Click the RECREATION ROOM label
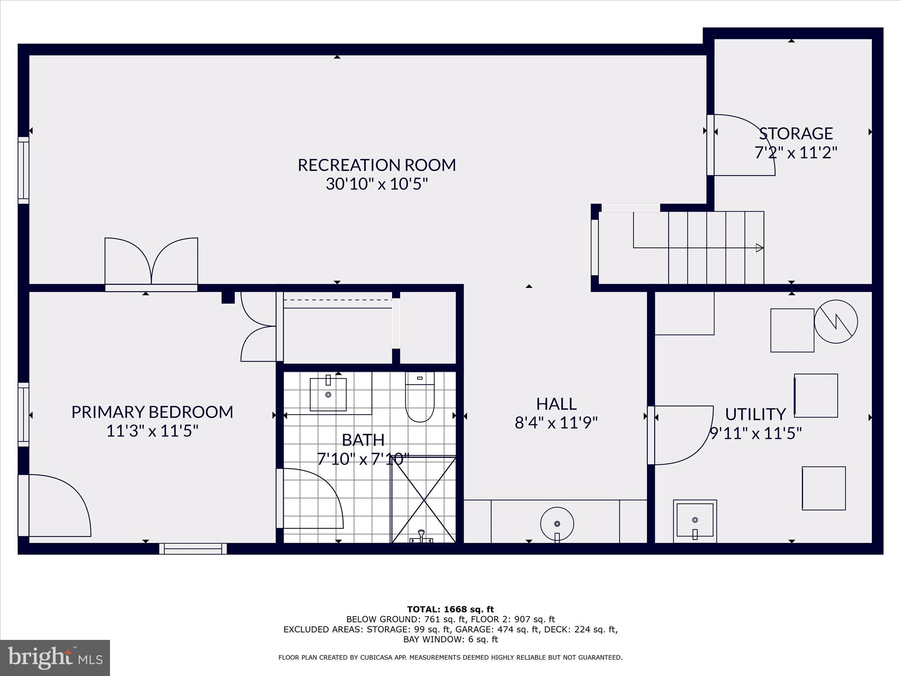coord(377,165)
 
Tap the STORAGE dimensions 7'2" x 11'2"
coord(795,153)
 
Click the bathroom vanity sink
coord(328,394)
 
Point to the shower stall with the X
coord(423,500)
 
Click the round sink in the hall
coord(557,524)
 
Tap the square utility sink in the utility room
coord(695,521)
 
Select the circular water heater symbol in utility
coord(835,322)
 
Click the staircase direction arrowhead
coord(759,248)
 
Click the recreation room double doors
coord(151,262)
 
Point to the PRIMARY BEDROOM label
coord(152,412)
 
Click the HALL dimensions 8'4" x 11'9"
coord(556,423)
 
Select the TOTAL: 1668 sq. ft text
coord(450,609)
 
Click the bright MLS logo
coord(55,658)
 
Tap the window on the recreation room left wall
coord(23,170)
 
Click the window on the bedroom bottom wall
coord(193,548)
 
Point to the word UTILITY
coord(755,414)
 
